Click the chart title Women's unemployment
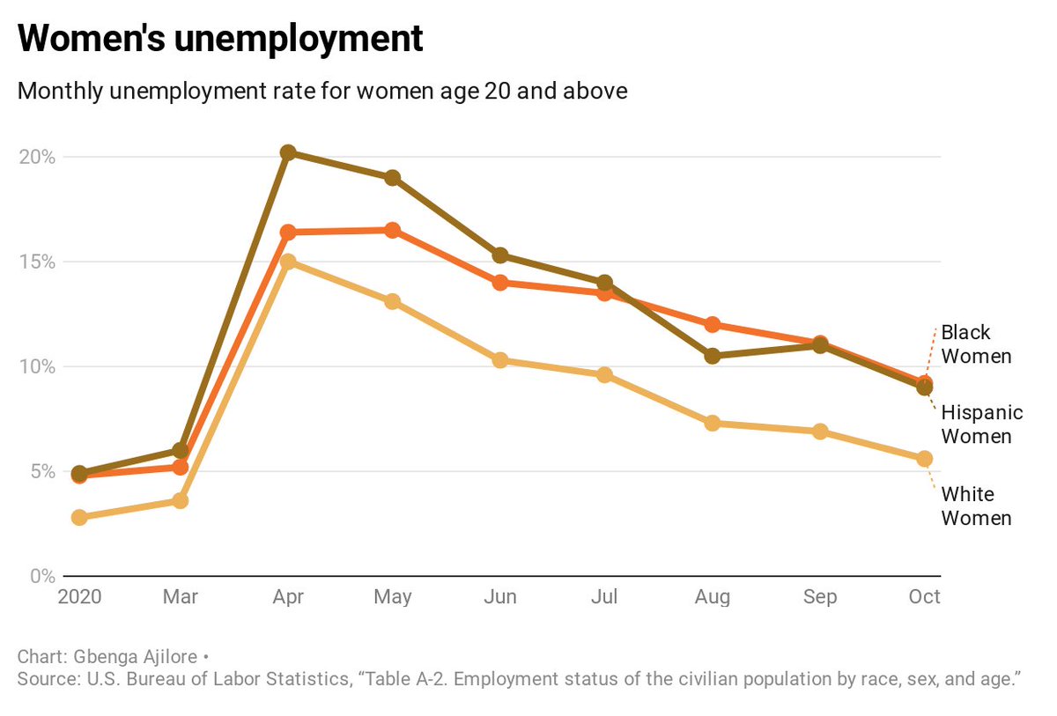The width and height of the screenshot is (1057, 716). [220, 39]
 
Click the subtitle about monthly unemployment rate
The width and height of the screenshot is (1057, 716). [322, 92]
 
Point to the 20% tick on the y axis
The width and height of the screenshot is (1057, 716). [38, 157]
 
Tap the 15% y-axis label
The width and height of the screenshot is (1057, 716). [38, 262]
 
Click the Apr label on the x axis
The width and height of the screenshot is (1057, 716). [288, 597]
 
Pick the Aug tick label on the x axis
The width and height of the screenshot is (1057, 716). [712, 597]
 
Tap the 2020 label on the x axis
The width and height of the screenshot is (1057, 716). [80, 597]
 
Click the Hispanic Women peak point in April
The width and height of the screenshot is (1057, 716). [288, 152]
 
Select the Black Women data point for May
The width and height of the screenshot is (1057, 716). [393, 230]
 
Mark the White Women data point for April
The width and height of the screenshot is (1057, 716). [288, 262]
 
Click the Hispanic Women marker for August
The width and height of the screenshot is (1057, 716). [712, 356]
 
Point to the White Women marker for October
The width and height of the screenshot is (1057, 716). [924, 459]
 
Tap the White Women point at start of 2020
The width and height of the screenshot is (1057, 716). [79, 517]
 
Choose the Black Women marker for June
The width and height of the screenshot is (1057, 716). [500, 283]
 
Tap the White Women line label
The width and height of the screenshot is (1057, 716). [976, 506]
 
